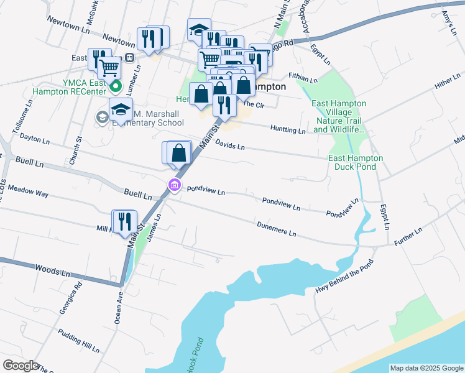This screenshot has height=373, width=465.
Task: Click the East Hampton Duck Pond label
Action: [x=356, y=162]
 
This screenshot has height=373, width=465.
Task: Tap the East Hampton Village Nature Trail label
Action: [x=339, y=116]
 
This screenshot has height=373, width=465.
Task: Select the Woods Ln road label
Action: [x=52, y=271]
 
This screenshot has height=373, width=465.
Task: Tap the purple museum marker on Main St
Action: [x=174, y=185]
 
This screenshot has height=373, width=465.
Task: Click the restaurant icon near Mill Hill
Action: [x=124, y=222]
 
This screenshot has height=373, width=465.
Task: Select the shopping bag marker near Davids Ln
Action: [x=178, y=153]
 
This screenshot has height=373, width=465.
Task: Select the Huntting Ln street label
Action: [x=288, y=130]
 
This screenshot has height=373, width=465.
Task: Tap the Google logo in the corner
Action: [x=21, y=366]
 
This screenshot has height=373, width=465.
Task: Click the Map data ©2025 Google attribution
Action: [x=426, y=368]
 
